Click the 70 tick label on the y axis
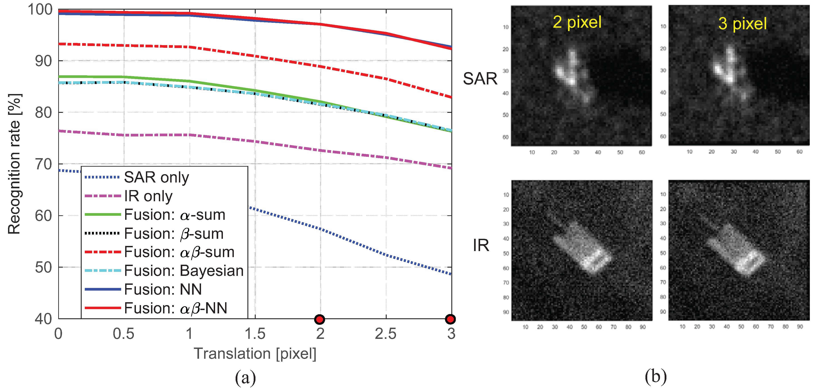pos(43,164)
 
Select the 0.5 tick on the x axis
pos(124,334)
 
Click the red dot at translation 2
pos(319,319)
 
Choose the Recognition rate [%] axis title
pos(15,164)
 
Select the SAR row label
pos(480,79)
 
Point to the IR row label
pos(481,245)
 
